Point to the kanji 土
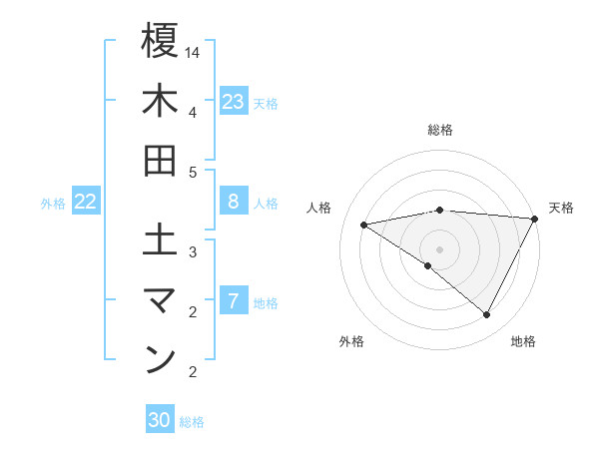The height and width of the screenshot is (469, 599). (160, 240)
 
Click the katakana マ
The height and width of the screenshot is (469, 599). (160, 300)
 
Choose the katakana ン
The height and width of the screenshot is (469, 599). (160, 360)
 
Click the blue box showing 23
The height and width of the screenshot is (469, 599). (234, 102)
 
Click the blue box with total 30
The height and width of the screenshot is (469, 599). (160, 420)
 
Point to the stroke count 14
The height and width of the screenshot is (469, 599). (194, 51)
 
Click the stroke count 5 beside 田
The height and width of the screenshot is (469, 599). (193, 172)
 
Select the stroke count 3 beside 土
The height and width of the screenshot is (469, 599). (193, 251)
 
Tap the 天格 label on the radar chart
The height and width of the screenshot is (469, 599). (561, 208)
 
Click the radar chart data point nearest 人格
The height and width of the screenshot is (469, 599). (364, 225)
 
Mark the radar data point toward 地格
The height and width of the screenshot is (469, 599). (487, 315)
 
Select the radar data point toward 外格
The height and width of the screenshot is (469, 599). (427, 265)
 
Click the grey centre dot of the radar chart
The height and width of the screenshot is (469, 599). (439, 248)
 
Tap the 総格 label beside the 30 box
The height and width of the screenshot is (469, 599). (192, 422)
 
